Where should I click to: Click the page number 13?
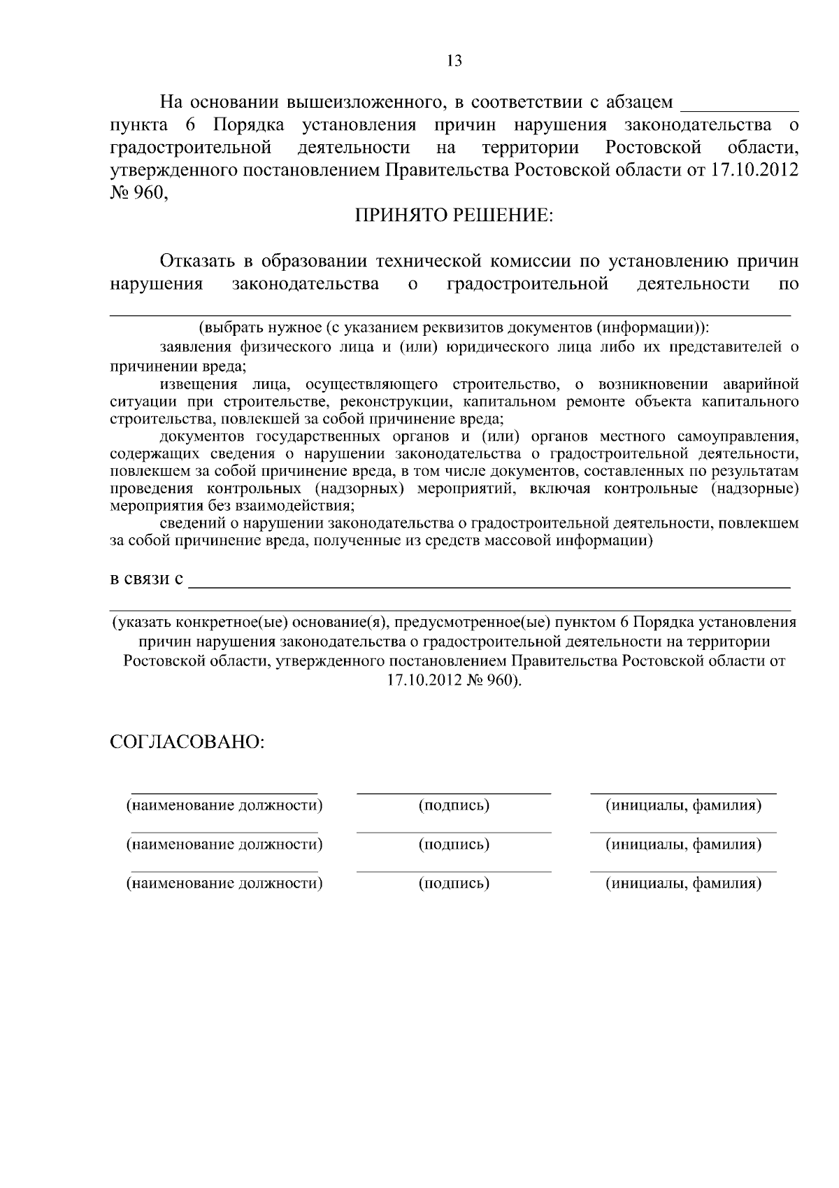coord(454,61)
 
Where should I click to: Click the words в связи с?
coord(148,579)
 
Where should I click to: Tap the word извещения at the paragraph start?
coord(198,384)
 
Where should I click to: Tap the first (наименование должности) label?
coord(224,805)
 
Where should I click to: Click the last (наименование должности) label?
coord(224,884)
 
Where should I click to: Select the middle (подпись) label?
coord(454,844)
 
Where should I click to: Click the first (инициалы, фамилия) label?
coord(683,805)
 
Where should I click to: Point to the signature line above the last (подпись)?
coord(454,872)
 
